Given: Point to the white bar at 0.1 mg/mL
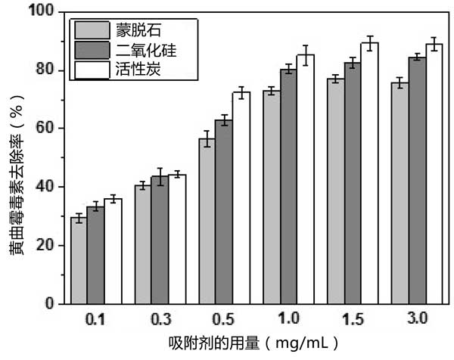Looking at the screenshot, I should [x=113, y=251].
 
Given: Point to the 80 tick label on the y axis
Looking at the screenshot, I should [x=48, y=70].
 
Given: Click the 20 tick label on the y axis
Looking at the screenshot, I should [x=48, y=245].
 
